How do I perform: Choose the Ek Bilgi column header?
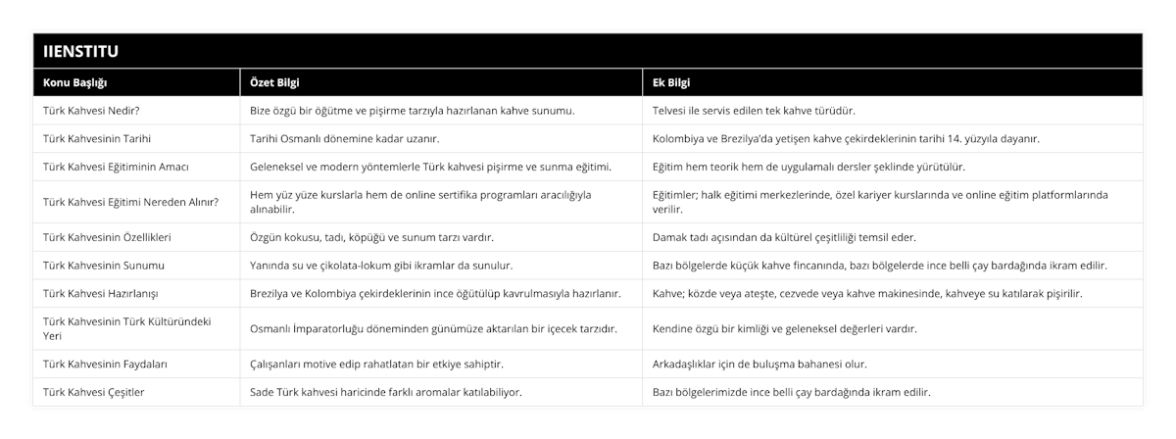(671, 82)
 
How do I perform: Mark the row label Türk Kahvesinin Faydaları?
(105, 364)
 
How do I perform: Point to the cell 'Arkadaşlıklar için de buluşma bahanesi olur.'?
(759, 364)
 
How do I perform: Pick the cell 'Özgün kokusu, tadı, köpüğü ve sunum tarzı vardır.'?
(372, 237)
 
